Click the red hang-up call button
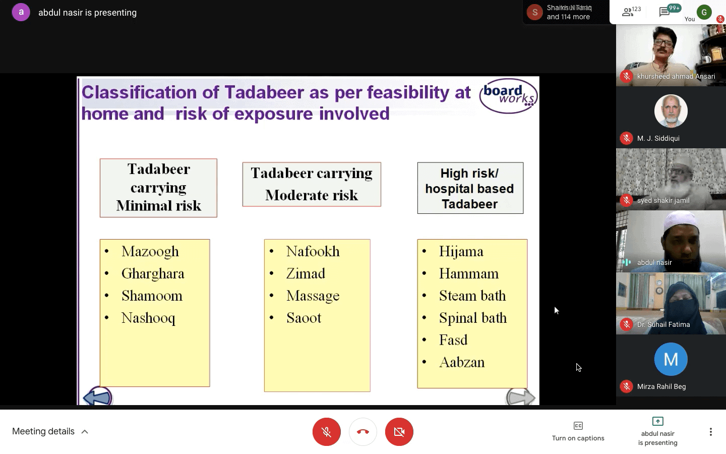click(x=363, y=432)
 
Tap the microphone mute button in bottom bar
click(x=327, y=432)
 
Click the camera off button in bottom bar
click(x=399, y=432)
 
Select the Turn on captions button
click(x=578, y=431)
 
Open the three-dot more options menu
click(x=710, y=432)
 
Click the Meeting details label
click(x=43, y=431)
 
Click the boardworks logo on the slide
click(x=508, y=95)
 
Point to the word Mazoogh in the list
click(x=150, y=251)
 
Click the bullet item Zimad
click(x=306, y=273)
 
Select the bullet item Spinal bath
click(x=472, y=318)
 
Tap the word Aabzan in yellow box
click(x=461, y=362)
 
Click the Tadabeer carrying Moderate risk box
click(x=312, y=184)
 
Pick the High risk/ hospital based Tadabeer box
click(x=470, y=188)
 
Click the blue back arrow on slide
click(x=97, y=397)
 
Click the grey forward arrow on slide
click(x=520, y=398)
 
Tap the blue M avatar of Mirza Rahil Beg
click(x=671, y=359)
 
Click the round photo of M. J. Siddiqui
click(x=671, y=111)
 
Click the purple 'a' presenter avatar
click(x=21, y=12)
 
